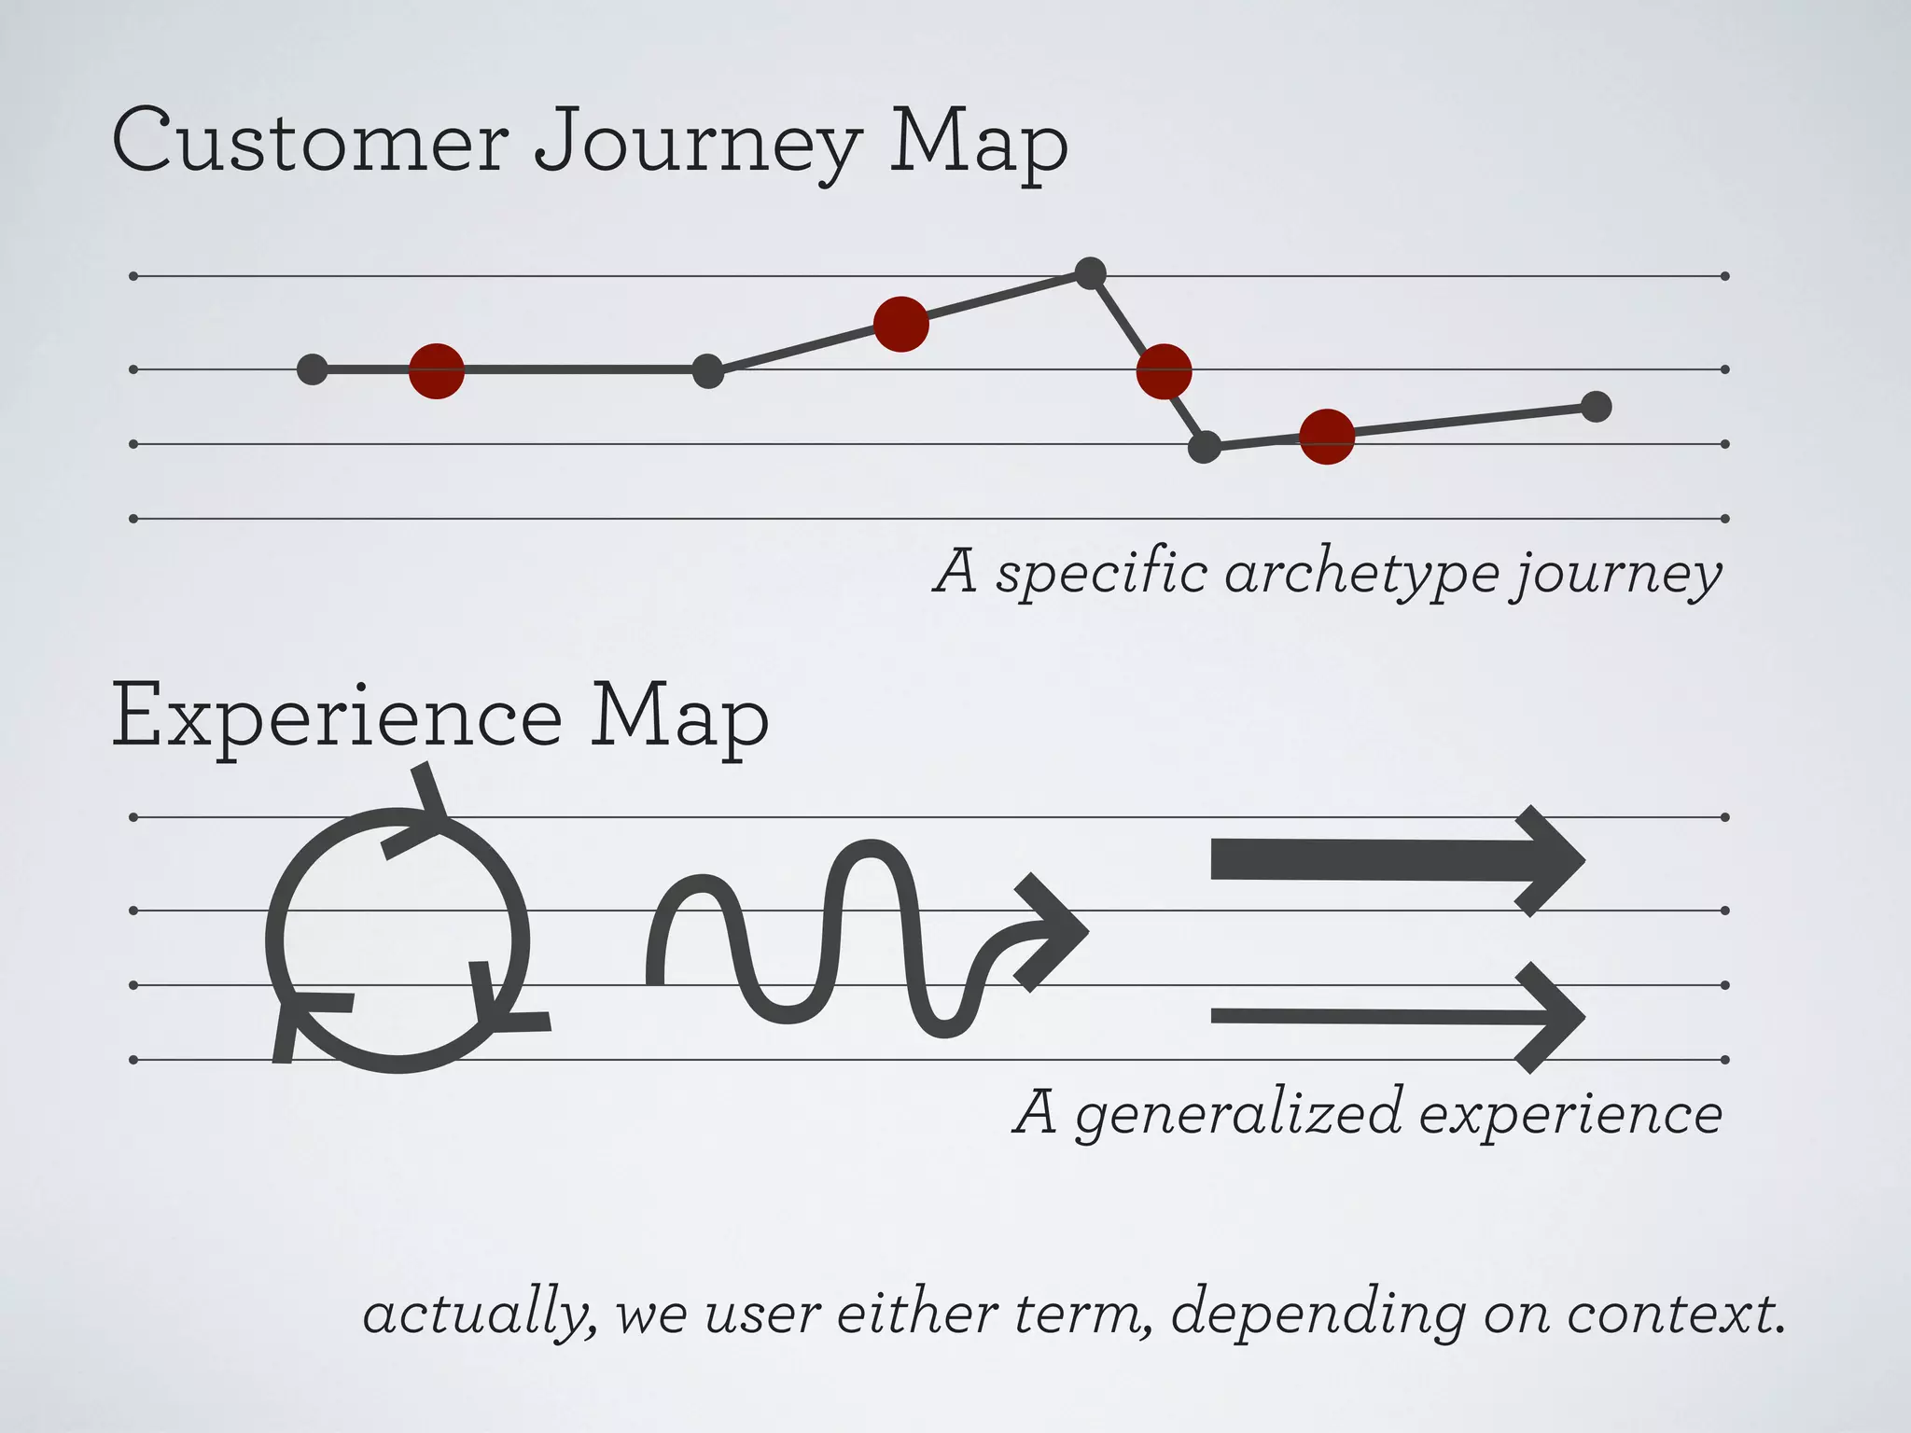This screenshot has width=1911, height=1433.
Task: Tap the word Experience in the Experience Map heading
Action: (336, 716)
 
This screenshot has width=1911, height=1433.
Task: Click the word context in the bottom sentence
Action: (1670, 1314)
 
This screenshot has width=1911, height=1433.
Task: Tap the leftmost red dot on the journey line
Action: (437, 370)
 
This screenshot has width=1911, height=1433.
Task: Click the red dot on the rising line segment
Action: (900, 324)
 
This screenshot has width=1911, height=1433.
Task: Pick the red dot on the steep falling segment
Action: (1164, 371)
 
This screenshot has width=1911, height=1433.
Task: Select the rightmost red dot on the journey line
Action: (1327, 436)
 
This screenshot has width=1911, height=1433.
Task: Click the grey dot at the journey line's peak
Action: (1090, 273)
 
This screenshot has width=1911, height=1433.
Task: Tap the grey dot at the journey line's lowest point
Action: (1205, 447)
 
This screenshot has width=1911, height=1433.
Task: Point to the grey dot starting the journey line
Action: (313, 369)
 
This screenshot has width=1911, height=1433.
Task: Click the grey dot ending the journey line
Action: (1597, 407)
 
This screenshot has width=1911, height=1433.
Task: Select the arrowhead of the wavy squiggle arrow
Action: (1050, 931)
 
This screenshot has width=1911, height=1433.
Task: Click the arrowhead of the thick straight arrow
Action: (1549, 860)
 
